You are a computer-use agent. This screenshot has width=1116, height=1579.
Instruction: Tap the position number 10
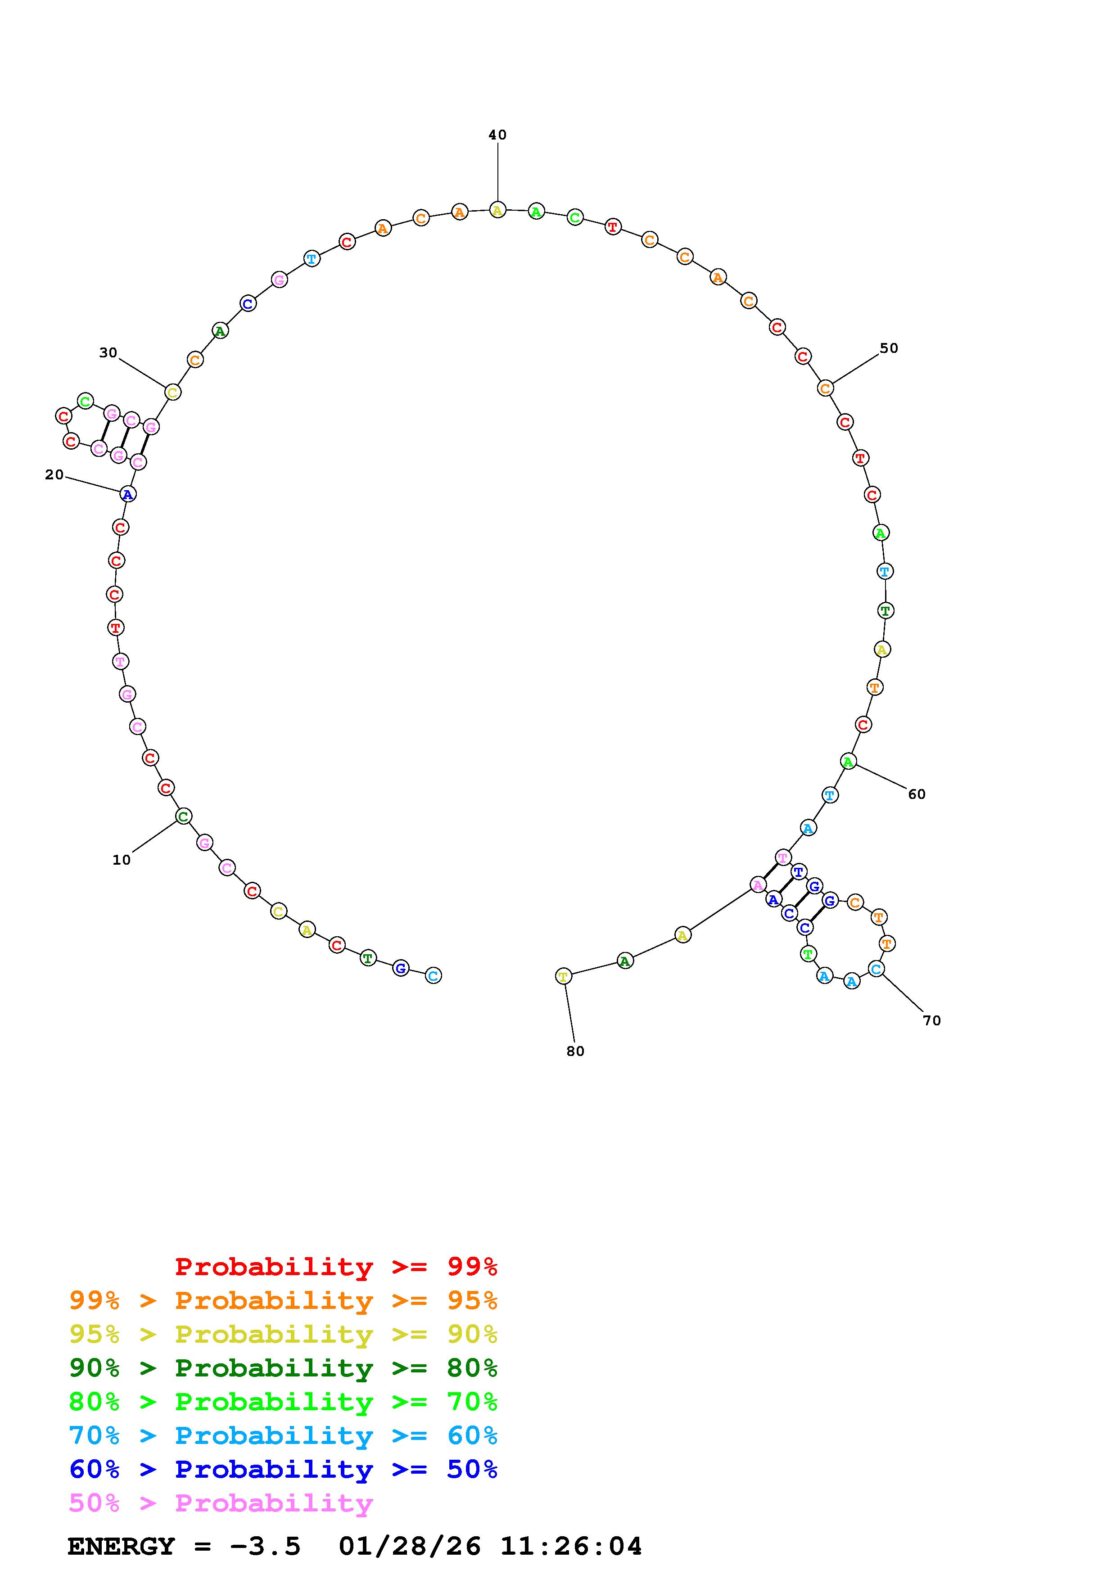[x=121, y=860]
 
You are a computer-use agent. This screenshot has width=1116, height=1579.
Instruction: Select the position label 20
[x=54, y=474]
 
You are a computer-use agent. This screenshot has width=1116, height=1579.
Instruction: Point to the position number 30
[x=108, y=353]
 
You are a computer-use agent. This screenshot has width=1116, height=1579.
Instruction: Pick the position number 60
[x=917, y=794]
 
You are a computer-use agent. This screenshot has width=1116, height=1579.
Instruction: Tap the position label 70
[x=932, y=1020]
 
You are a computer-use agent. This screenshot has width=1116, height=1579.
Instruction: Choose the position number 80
[x=575, y=1051]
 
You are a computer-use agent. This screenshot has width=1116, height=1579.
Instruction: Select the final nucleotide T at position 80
[x=563, y=976]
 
